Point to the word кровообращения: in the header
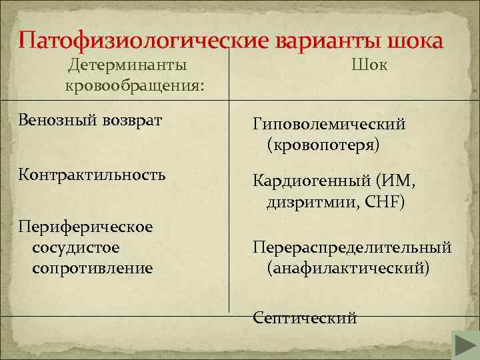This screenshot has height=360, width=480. coord(135,87)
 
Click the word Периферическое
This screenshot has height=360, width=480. coord(86,227)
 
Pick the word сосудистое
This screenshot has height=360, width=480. coord(75,247)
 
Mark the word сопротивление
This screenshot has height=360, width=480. coord(92,268)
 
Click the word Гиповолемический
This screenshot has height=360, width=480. coord(329,124)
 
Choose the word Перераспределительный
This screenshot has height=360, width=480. coord(352,247)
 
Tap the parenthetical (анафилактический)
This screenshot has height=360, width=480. coord(348,268)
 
